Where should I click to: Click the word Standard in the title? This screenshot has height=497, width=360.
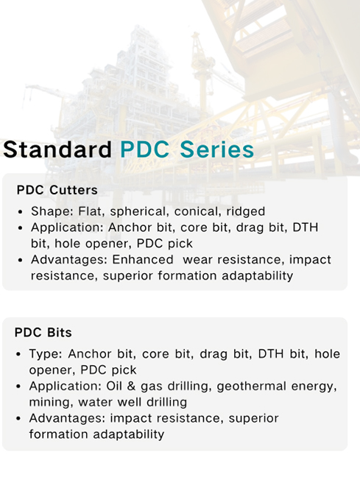click(x=57, y=149)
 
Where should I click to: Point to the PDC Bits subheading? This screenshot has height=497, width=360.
click(x=43, y=333)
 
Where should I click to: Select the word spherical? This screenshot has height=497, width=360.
click(x=135, y=211)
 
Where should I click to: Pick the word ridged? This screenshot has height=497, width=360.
click(x=246, y=211)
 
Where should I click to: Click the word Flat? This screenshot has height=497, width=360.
click(x=88, y=211)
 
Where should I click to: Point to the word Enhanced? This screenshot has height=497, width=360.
click(x=144, y=259)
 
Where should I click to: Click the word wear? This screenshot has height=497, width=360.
click(x=198, y=259)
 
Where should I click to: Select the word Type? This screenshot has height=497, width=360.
click(x=45, y=354)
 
